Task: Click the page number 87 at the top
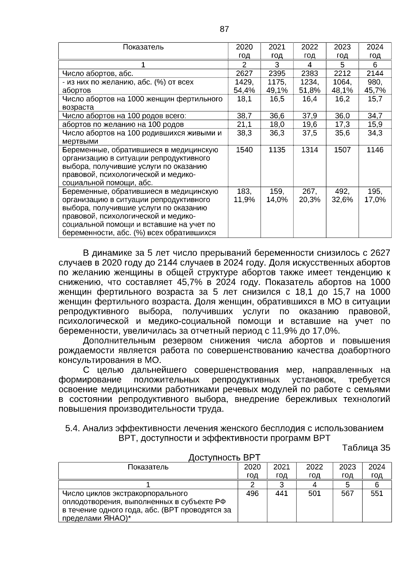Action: (x=224, y=29)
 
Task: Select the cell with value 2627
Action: (x=244, y=73)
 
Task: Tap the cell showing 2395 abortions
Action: (x=277, y=73)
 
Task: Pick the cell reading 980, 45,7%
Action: (x=375, y=86)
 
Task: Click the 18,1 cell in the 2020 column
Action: (x=244, y=99)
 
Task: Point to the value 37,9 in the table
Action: (x=310, y=116)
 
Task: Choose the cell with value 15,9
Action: (x=375, y=124)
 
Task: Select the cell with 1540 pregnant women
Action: (x=244, y=150)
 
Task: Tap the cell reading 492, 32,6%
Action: (x=342, y=195)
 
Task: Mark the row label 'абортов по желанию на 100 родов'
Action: (x=123, y=124)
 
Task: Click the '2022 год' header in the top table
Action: (x=310, y=51)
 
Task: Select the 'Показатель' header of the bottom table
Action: (x=148, y=467)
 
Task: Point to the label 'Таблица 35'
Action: (x=366, y=448)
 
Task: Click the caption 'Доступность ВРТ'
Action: (x=224, y=457)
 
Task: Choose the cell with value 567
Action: (x=347, y=494)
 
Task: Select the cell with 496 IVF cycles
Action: (x=252, y=494)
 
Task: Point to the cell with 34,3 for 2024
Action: (x=375, y=133)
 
